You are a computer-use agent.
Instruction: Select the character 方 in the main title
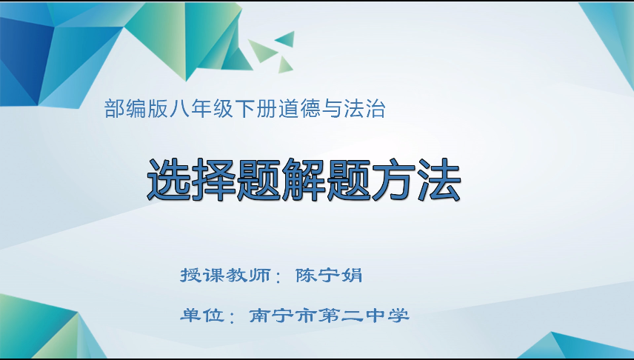coord(394,179)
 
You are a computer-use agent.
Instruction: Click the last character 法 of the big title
coord(438,179)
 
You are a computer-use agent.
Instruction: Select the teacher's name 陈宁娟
coord(329,276)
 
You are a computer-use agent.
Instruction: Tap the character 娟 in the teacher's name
coord(352,276)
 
